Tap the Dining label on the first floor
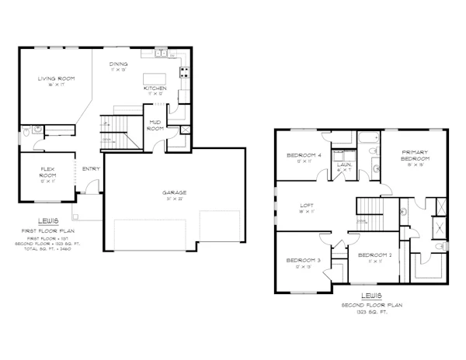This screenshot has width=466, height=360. tap(118, 64)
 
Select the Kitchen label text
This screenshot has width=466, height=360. tap(155, 88)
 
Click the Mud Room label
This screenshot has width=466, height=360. tap(155, 125)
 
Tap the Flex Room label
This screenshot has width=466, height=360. tap(49, 172)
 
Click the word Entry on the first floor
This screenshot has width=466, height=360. tap(90, 168)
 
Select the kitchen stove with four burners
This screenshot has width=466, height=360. tap(185, 73)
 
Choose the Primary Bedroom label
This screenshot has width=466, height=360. tap(411, 154)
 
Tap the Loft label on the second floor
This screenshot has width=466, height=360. tap(307, 206)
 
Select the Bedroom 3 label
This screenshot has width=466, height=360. tap(301, 260)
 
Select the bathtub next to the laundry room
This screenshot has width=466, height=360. tap(365, 140)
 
